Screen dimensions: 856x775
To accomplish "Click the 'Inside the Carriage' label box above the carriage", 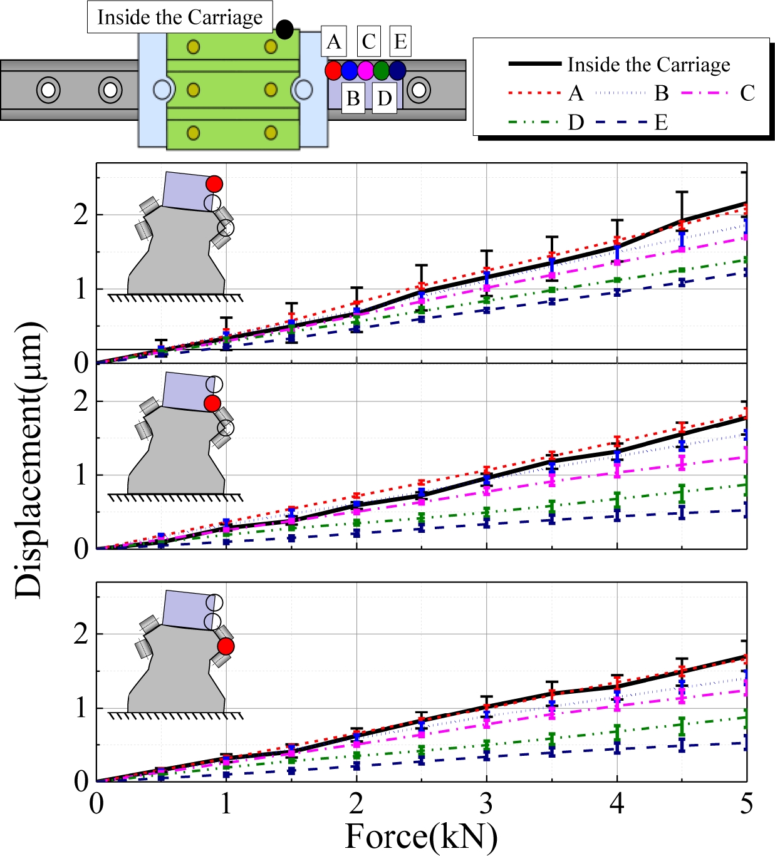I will (x=180, y=18).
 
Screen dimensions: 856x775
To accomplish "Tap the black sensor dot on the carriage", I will (x=284, y=29).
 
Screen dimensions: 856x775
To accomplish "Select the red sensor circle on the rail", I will (x=333, y=70).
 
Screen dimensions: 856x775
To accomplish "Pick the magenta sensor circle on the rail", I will (x=365, y=70).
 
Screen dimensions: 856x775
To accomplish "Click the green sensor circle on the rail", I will (x=382, y=70).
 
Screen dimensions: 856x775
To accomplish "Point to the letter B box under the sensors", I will (x=353, y=98).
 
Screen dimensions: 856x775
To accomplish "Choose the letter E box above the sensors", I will (x=400, y=42).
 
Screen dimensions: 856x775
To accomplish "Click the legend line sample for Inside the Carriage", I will (x=534, y=64).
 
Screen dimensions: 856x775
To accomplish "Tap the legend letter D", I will (x=576, y=123).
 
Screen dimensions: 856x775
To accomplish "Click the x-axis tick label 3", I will (x=486, y=803).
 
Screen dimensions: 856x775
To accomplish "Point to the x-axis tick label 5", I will (x=746, y=803).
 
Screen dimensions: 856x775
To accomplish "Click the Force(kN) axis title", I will (x=421, y=837).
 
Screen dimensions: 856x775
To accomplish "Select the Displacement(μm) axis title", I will (x=29, y=460).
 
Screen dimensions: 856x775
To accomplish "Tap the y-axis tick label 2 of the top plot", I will (x=81, y=215).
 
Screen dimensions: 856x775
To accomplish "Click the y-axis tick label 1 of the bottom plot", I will (x=81, y=708).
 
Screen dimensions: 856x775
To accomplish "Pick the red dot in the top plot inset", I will (x=214, y=183).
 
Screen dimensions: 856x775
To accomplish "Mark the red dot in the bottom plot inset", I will (x=226, y=646).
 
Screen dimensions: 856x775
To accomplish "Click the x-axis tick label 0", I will (x=96, y=803).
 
